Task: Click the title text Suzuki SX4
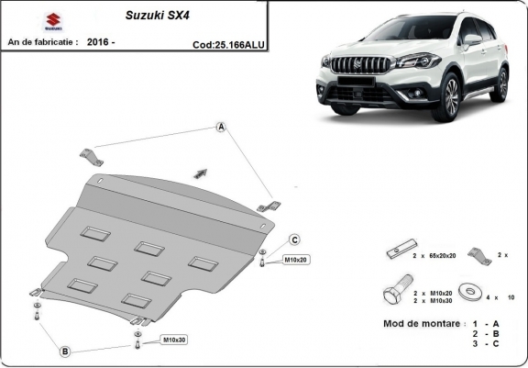pyautogui.click(x=153, y=16)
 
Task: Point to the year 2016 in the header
pyautogui.click(x=96, y=42)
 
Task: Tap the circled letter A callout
pyautogui.click(x=221, y=128)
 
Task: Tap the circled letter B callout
pyautogui.click(x=65, y=351)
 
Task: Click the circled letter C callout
pyautogui.click(x=295, y=240)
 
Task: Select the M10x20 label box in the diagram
pyautogui.click(x=296, y=260)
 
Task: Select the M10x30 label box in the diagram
pyautogui.click(x=174, y=340)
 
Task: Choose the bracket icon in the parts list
pyautogui.click(x=477, y=254)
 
